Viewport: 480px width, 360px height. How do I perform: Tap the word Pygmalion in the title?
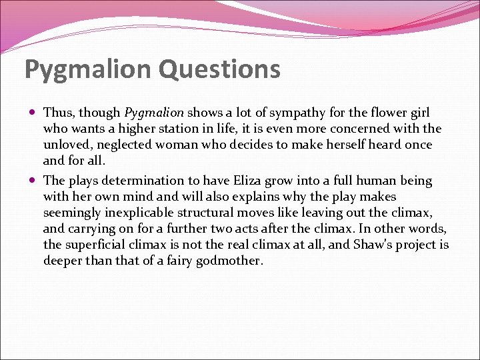point(83,69)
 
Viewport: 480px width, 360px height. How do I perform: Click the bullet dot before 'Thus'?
point(33,113)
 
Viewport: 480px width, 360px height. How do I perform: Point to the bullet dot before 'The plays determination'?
point(33,181)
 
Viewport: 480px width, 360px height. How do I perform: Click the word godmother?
point(230,261)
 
